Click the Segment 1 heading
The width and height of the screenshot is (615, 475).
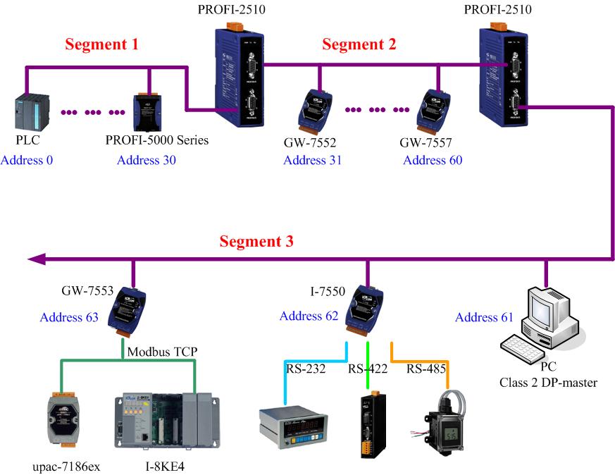coord(101,44)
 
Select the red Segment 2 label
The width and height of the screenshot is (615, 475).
coord(359,44)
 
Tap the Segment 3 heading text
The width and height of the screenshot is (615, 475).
coord(256,241)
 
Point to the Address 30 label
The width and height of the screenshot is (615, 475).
coord(147,160)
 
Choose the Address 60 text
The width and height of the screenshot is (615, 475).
coord(433,160)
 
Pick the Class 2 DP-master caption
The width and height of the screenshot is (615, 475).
coord(548,383)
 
